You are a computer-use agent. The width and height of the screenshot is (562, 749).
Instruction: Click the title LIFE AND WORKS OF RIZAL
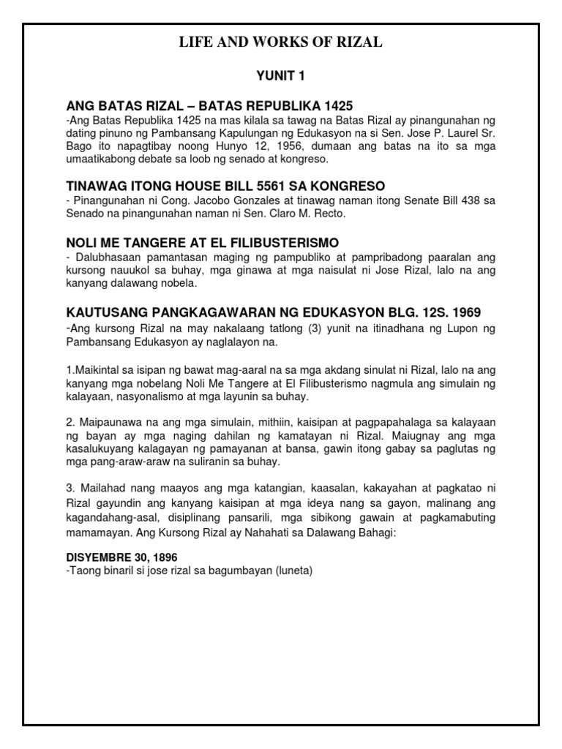(x=281, y=43)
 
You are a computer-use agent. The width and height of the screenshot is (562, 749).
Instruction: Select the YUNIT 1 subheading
(x=281, y=75)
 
